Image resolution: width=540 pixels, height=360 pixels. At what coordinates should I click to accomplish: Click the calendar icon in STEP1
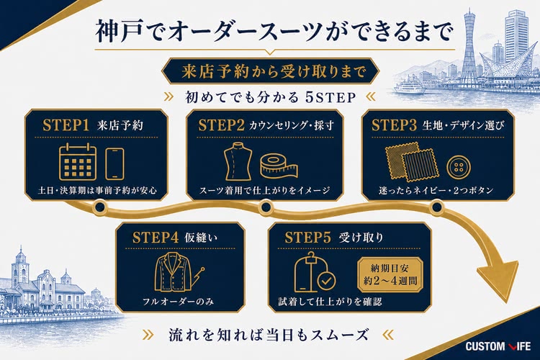78,162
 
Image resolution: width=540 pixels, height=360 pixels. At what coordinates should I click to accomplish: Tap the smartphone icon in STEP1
114,163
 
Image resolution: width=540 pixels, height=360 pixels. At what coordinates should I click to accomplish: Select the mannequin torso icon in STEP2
238,161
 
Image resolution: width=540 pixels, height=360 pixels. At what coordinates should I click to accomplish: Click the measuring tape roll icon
279,166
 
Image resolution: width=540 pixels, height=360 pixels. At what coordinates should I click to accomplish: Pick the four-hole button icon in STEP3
459,168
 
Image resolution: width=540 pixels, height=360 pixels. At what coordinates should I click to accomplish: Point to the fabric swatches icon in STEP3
412,161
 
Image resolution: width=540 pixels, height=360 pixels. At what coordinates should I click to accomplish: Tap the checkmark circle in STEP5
326,281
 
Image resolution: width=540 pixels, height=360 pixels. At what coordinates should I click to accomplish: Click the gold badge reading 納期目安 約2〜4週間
390,274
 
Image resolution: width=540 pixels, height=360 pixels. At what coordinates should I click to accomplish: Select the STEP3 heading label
394,125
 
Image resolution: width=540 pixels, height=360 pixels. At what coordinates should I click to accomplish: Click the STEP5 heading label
307,238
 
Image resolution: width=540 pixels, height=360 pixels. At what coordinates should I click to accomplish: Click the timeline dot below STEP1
100,207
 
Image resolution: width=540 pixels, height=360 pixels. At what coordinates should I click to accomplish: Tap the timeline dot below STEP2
266,207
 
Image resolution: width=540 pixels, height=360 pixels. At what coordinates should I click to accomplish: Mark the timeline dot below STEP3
437,207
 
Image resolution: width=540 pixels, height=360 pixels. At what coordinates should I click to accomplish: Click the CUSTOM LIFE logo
498,346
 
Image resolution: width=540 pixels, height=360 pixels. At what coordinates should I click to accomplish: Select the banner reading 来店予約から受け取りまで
270,71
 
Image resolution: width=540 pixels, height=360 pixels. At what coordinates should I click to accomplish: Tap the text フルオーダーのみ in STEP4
178,302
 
